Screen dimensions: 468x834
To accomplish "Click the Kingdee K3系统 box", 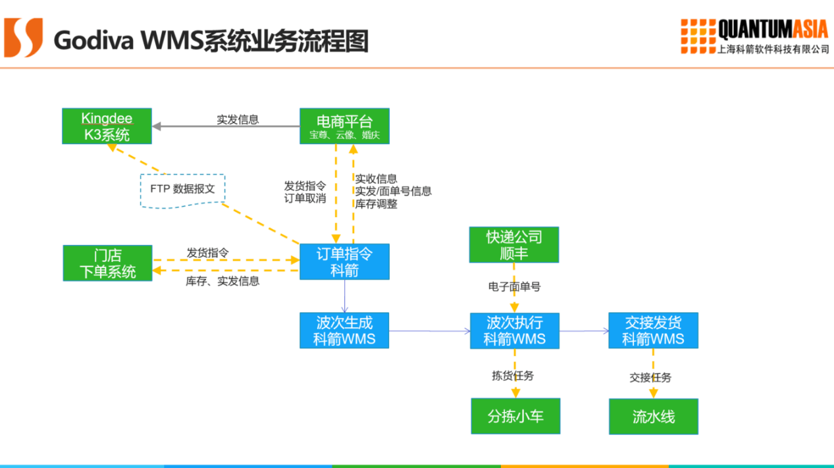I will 107,126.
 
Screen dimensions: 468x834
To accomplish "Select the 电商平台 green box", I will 344,126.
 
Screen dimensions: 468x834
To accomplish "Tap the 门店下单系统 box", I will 107,263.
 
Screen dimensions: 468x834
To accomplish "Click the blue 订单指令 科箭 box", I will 344,261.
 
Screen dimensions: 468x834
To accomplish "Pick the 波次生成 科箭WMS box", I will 344,330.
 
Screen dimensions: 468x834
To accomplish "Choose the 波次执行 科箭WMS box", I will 515,330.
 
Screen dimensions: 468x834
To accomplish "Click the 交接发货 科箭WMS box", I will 653,330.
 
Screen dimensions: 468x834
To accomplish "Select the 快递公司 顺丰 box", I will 514,245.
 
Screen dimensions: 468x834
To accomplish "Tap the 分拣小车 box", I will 515,416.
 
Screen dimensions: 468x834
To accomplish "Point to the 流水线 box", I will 654,417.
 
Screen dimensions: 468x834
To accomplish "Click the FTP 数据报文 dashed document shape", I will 182,190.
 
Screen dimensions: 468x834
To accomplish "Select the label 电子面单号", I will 514,287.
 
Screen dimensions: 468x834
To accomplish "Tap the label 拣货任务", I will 513,376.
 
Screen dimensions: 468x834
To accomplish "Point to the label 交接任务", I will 650,377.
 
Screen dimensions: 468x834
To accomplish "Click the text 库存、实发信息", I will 222,281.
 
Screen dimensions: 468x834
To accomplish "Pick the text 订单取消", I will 305,198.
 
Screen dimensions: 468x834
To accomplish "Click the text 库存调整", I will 377,204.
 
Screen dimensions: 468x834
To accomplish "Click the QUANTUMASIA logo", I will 754,37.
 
